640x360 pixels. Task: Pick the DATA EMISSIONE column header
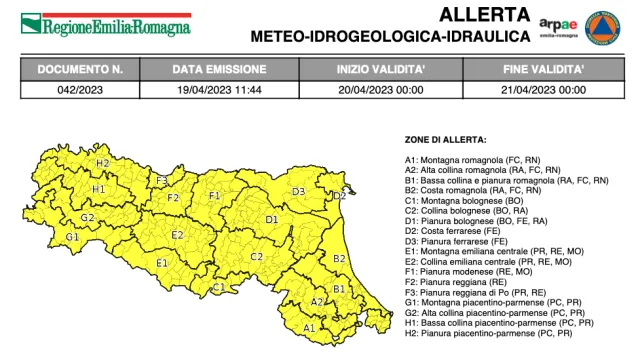click(219, 70)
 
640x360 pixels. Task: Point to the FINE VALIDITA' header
click(544, 70)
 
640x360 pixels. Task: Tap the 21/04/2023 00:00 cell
click(544, 89)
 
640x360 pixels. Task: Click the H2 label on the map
click(103, 163)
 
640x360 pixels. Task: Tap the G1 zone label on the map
click(72, 237)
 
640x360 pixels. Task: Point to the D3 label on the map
click(298, 192)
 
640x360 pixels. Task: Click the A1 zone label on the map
click(309, 327)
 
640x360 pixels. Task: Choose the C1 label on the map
click(218, 288)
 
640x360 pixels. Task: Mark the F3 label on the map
click(161, 180)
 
